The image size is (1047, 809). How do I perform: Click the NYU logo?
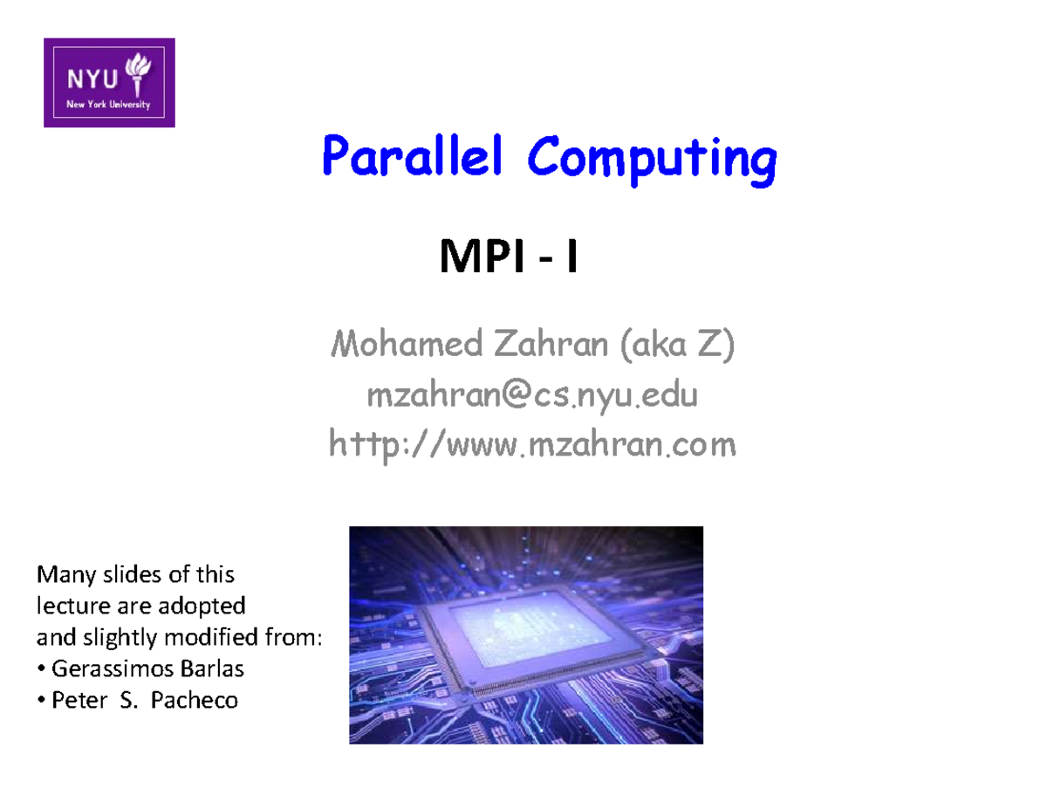109,83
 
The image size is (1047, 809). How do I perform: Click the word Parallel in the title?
413,160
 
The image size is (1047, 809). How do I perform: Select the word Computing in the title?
651,161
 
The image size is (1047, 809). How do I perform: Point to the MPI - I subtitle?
509,258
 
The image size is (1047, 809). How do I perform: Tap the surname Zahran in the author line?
551,346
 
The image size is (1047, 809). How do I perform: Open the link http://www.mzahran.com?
532,446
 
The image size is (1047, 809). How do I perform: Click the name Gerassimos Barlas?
147,669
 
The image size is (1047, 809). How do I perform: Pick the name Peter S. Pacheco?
145,700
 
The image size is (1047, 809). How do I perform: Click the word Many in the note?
62,575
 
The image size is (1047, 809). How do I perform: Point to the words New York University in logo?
109,105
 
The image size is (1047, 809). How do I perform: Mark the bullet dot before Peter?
41,700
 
